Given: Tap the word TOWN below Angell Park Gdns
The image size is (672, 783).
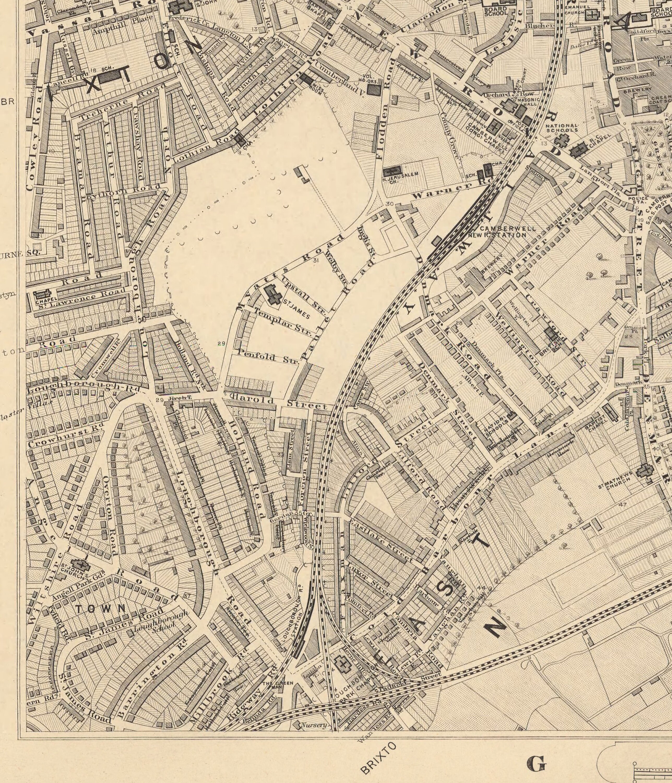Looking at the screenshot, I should [x=100, y=608].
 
